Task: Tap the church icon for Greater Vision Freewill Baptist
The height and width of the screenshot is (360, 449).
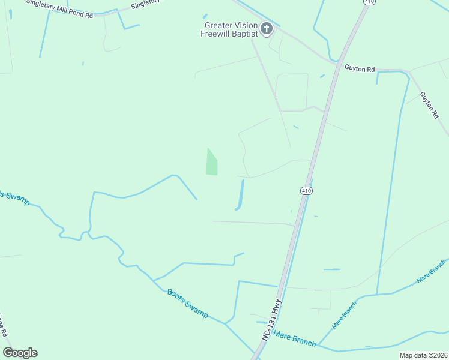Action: (267, 28)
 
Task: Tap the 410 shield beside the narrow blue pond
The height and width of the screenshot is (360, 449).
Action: (306, 190)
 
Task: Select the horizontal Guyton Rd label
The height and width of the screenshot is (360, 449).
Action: (360, 68)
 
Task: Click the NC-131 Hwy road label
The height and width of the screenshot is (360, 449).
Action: (271, 320)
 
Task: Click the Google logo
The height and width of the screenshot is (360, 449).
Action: (20, 353)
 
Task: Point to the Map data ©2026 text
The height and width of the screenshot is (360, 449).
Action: (423, 355)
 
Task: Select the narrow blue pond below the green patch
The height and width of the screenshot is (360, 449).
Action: (241, 195)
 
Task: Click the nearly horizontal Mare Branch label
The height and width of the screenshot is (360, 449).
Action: (294, 339)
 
